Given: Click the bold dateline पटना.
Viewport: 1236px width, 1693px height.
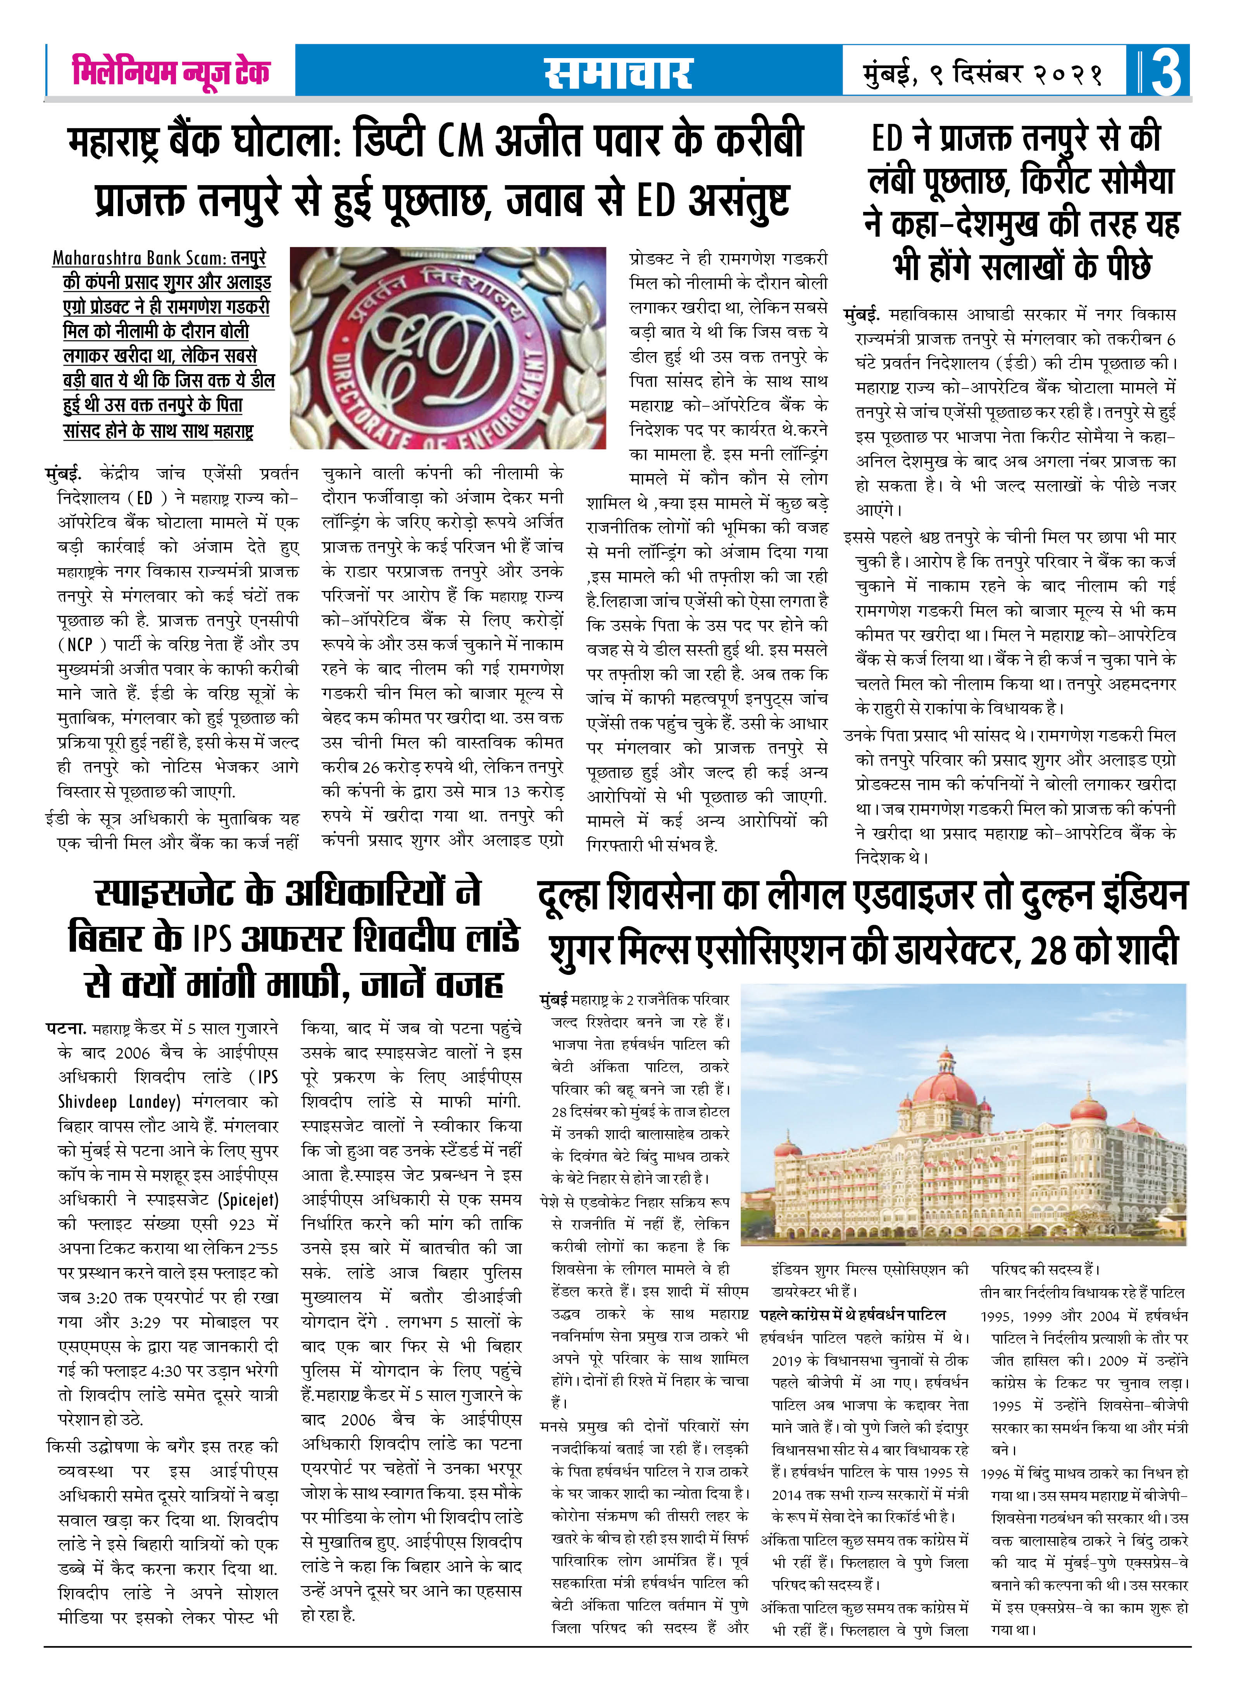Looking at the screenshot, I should click(66, 1028).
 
